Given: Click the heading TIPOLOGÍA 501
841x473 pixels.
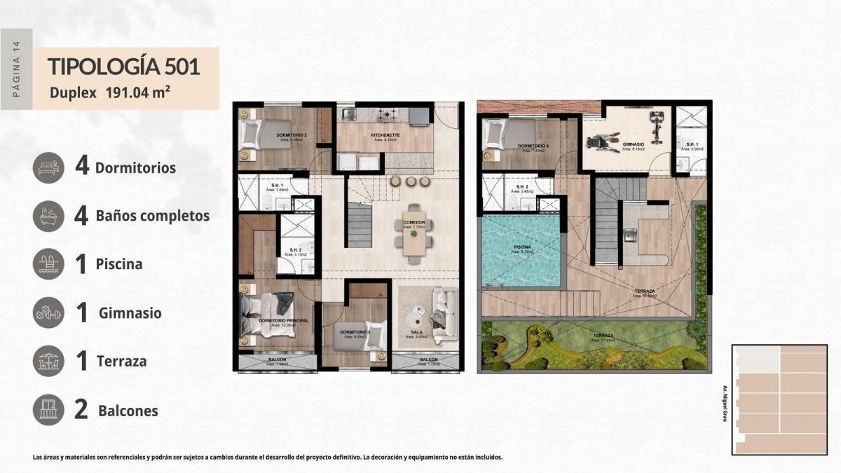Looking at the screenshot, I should (x=124, y=67).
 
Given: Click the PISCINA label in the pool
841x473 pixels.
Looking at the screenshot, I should (x=521, y=247).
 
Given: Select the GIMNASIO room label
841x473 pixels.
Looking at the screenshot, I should (x=634, y=144).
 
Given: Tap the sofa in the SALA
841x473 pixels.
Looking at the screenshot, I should (x=442, y=317).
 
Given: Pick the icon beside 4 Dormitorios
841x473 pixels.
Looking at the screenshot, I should (x=49, y=167).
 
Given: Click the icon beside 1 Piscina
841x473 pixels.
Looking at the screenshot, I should (x=49, y=264).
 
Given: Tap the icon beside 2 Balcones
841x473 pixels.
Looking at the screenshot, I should (x=49, y=410).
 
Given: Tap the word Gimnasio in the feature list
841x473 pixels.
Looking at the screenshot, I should (x=130, y=313).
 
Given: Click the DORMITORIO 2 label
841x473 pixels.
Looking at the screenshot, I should (x=355, y=331).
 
